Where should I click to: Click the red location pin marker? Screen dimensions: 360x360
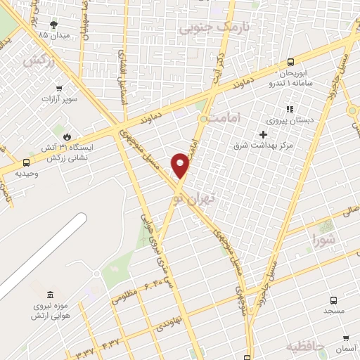click(x=181, y=165)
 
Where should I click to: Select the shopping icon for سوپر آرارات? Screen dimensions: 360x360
click(x=58, y=89)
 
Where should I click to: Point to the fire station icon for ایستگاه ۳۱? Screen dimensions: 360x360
click(x=66, y=136)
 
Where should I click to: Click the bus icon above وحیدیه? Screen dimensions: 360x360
click(x=27, y=162)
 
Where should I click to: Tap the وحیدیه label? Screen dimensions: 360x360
click(x=27, y=173)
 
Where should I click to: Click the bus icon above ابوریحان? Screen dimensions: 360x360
click(x=291, y=62)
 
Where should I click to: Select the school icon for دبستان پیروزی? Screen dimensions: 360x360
click(x=289, y=109)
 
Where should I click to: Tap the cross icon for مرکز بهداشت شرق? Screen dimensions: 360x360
click(x=263, y=134)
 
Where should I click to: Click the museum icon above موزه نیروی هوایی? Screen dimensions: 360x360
click(x=49, y=294)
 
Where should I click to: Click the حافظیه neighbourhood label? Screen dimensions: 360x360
click(x=304, y=347)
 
